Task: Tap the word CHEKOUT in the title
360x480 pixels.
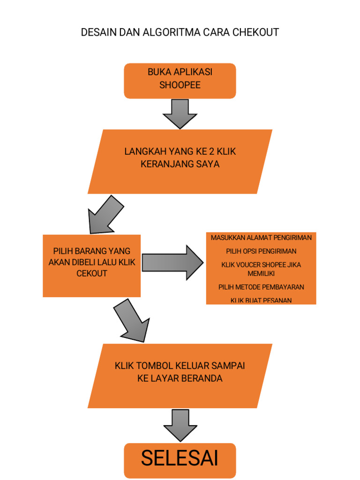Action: (255, 32)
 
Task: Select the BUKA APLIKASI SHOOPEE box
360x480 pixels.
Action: (180, 81)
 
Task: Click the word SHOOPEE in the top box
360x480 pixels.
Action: (180, 85)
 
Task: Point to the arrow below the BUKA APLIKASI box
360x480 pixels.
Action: (180, 113)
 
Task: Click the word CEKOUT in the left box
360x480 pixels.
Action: (92, 273)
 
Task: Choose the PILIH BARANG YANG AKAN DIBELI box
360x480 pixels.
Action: (92, 265)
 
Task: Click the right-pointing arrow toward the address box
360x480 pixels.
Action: (172, 262)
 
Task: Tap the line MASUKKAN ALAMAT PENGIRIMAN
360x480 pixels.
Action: (261, 238)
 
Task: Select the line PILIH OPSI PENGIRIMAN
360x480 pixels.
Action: (261, 251)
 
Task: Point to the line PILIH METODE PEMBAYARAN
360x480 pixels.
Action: (261, 287)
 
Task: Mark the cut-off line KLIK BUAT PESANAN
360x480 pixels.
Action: (261, 300)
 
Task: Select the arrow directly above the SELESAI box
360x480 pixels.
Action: (180, 425)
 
